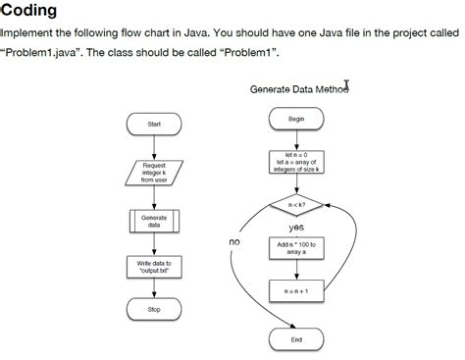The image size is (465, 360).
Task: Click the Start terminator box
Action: point(154,125)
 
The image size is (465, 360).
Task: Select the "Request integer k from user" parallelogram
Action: point(154,173)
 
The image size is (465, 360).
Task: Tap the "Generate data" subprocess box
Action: point(154,221)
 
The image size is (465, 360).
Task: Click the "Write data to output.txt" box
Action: point(154,267)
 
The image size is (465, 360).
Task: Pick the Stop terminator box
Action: point(154,309)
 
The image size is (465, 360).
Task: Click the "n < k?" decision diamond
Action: point(296,205)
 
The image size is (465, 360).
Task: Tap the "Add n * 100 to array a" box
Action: point(296,247)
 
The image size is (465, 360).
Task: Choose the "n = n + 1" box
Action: point(296,290)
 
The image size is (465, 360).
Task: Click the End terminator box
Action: point(296,339)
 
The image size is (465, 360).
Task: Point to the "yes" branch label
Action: point(296,227)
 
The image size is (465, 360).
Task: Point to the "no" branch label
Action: point(234,241)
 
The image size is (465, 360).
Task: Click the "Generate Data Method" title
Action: point(296,89)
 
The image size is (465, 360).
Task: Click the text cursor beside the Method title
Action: point(347,86)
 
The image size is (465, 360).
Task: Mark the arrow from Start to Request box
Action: point(154,146)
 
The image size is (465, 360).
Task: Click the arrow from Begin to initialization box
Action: point(296,138)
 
